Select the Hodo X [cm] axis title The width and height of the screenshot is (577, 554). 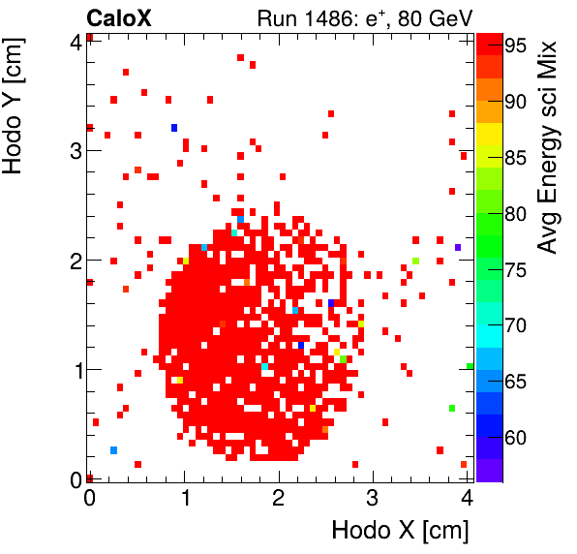point(400,531)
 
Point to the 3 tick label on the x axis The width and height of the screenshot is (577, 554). point(373,499)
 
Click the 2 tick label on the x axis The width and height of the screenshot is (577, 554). point(279,499)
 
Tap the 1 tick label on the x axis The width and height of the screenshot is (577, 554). point(184,499)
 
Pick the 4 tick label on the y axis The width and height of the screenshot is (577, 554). point(74,41)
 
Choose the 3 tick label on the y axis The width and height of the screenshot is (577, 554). point(74,150)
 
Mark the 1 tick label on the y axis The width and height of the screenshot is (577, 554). point(74,369)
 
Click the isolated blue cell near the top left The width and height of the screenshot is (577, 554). point(174,128)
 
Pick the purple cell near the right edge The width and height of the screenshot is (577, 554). point(457,248)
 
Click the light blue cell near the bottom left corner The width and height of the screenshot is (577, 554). point(114,450)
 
